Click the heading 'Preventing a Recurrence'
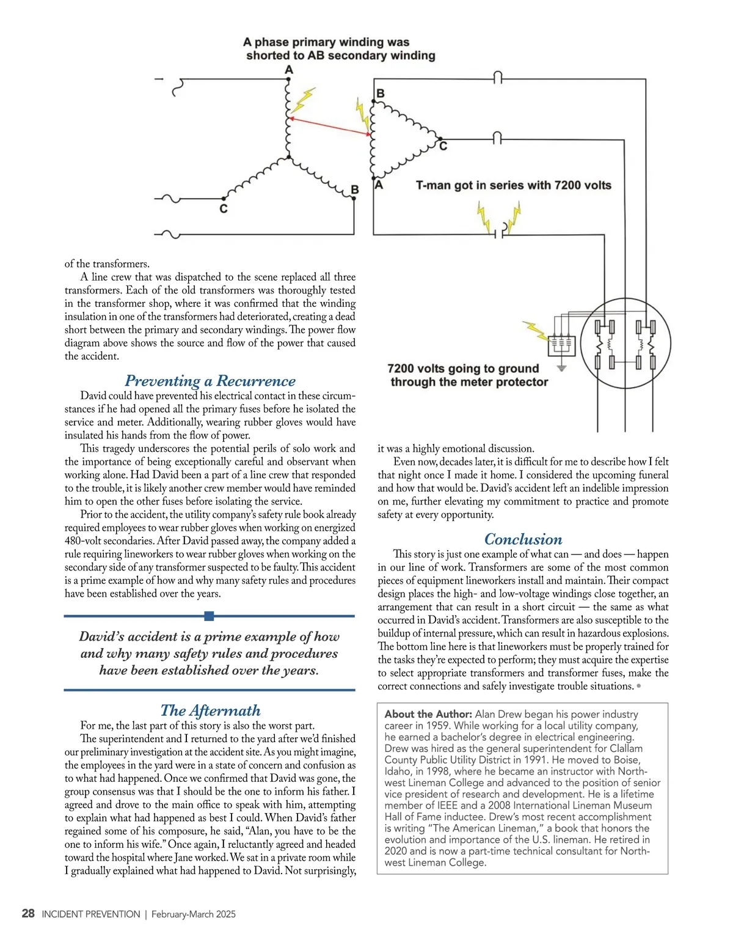(210, 381)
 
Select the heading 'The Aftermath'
(210, 710)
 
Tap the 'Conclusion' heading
(523, 539)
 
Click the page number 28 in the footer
(28, 914)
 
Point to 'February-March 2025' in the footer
(194, 915)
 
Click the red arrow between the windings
(329, 126)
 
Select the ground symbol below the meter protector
(562, 368)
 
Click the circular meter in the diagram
(625, 344)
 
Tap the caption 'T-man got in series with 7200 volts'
(513, 185)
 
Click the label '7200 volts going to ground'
(463, 369)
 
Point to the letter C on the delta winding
(443, 146)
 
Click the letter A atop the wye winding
(289, 70)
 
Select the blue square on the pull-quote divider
(210, 616)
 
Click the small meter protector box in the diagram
(561, 345)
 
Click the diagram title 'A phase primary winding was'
(326, 42)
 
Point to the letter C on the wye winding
(224, 209)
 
